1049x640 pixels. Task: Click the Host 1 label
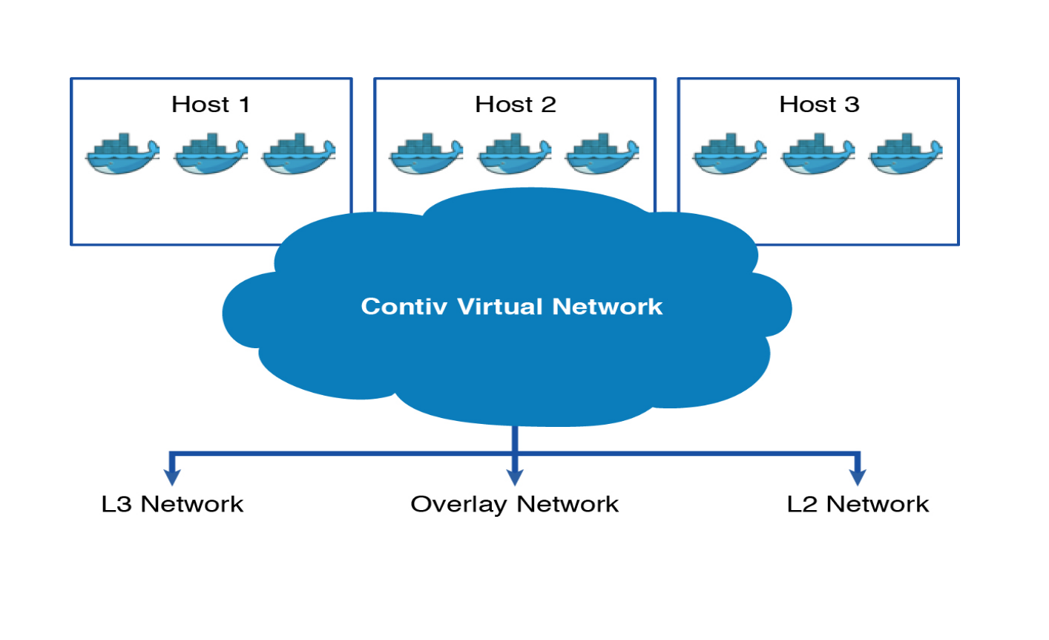click(x=211, y=105)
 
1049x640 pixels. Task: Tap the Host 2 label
click(x=515, y=105)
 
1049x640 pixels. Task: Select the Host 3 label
click(x=819, y=105)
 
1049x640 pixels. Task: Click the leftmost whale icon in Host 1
click(x=122, y=154)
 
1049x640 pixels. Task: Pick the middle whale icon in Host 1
click(x=211, y=154)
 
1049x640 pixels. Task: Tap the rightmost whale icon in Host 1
click(x=298, y=154)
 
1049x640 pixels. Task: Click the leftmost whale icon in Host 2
click(x=426, y=154)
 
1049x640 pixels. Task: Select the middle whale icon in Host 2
click(x=514, y=154)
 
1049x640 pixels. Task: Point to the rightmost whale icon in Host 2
click(x=602, y=154)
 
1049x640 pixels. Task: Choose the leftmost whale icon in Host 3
click(x=730, y=154)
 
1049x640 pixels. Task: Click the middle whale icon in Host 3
click(x=818, y=154)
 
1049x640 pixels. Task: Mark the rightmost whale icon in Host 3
click(x=905, y=154)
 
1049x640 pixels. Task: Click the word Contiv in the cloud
click(x=404, y=307)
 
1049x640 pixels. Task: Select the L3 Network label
click(x=172, y=504)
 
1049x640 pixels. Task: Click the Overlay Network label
click(x=514, y=504)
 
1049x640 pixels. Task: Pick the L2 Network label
click(x=858, y=504)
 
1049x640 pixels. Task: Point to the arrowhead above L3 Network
click(x=172, y=477)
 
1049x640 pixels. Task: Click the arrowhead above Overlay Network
click(x=515, y=477)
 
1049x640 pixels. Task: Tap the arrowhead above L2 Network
click(x=858, y=477)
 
